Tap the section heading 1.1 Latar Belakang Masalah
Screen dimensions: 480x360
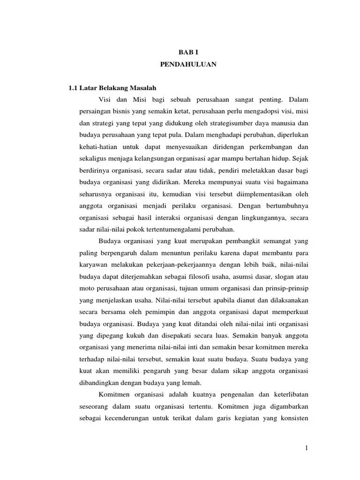pos(112,88)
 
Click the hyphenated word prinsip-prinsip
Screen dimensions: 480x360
pos(287,288)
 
